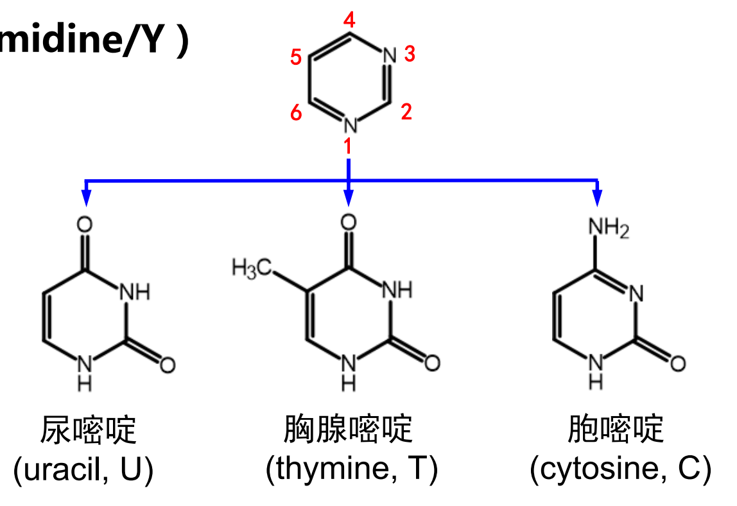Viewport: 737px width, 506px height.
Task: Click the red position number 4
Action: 349,21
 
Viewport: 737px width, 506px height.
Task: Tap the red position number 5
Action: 296,58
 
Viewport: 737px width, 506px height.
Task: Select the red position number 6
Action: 296,114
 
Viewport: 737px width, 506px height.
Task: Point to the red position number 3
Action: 410,55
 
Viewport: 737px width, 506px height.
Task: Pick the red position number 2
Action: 406,112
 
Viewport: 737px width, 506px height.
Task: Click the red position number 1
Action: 348,147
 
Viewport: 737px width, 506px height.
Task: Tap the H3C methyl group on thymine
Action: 252,266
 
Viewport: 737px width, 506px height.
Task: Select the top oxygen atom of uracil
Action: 85,224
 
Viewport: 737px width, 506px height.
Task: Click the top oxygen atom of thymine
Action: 348,223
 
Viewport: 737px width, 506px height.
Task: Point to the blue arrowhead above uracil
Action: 85,198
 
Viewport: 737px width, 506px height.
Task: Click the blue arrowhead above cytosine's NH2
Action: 597,198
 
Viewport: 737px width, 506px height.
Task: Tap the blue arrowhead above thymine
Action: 348,198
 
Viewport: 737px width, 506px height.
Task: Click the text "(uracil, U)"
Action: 84,471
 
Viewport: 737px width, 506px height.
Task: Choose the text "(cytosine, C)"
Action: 620,471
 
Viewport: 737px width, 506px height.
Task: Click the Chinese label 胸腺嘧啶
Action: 349,429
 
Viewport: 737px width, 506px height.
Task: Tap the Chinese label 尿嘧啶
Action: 88,430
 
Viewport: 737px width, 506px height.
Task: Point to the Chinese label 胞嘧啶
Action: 615,429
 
